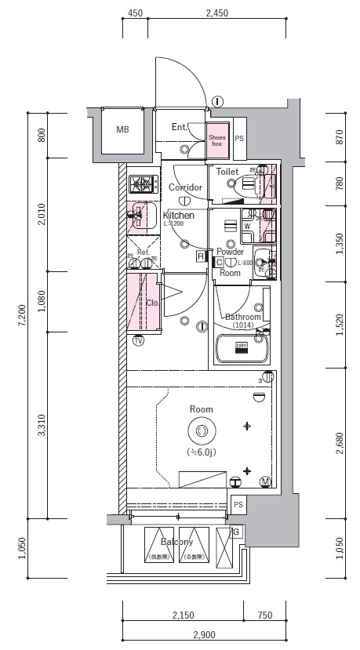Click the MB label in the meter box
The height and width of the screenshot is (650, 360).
coord(122,129)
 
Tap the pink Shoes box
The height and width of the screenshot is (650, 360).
coord(217,139)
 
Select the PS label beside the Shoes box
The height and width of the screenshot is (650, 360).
coord(238,139)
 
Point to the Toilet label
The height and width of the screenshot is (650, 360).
coord(227,170)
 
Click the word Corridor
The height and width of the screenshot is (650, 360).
coord(186,187)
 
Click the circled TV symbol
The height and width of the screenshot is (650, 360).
coord(139,341)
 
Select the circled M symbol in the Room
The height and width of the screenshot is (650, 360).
coord(265,481)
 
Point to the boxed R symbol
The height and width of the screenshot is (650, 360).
coord(201,256)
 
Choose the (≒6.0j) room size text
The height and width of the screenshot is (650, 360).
coord(201,453)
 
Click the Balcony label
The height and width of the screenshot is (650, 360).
coord(177,542)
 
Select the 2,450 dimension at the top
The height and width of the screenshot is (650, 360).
coord(216,13)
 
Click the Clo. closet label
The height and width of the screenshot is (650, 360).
coord(151,301)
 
